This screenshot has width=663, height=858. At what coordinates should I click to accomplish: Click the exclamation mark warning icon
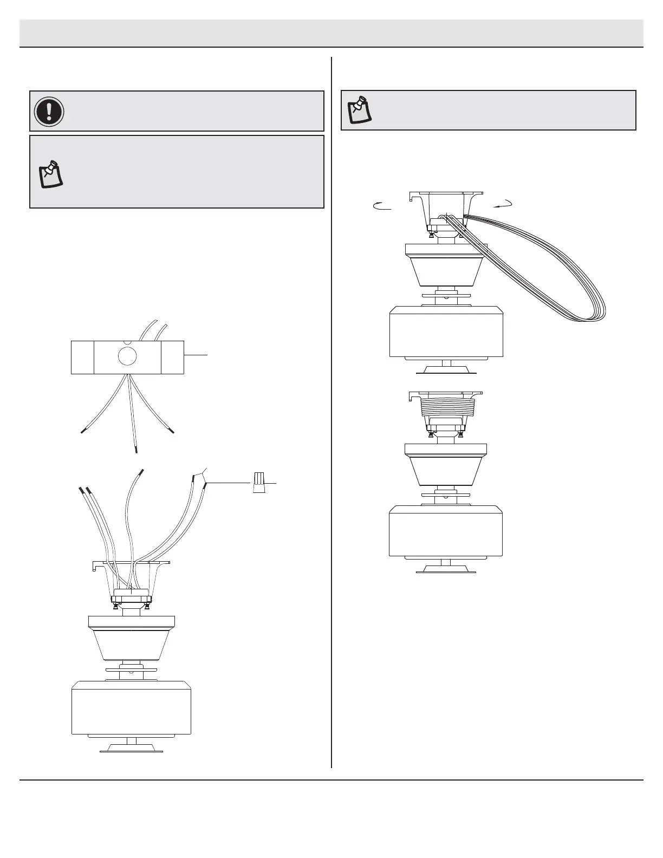(49, 111)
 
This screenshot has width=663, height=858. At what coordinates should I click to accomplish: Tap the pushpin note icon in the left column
(50, 174)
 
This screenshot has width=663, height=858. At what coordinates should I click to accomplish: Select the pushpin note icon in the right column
(359, 109)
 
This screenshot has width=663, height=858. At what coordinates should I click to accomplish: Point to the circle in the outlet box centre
(128, 356)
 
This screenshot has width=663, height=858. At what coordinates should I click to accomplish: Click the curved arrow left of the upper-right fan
(382, 205)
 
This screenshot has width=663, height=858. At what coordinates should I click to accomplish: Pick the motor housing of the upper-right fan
(446, 331)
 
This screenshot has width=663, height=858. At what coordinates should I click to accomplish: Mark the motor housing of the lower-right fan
(446, 531)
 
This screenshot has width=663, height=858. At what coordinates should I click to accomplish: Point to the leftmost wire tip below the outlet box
(83, 431)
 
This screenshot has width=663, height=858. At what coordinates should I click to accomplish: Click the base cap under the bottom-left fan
(131, 748)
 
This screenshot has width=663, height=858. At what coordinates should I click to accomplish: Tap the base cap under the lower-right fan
(446, 569)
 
